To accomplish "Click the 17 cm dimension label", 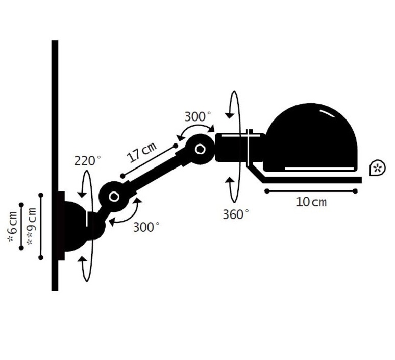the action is [142, 152].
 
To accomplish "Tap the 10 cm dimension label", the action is [311, 202].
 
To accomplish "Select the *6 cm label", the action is [13, 227].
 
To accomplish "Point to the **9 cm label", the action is [32, 226].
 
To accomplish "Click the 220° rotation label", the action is [87, 161].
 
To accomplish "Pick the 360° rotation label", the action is [236, 214].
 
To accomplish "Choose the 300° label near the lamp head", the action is [198, 117].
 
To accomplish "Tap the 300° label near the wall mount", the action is [146, 227].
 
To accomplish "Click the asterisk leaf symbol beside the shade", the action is [377, 168].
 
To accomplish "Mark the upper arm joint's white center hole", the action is [200, 149].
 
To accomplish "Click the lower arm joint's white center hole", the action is [114, 197].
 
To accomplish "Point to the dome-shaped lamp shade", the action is [310, 137].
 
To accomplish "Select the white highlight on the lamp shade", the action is [328, 113].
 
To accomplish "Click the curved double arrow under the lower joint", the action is [129, 217].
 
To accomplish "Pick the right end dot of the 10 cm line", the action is [355, 191].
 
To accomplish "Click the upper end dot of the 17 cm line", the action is [176, 146].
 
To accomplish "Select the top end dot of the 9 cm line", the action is [41, 195].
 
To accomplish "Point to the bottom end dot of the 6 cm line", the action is [21, 248].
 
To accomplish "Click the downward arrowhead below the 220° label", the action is [82, 195].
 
